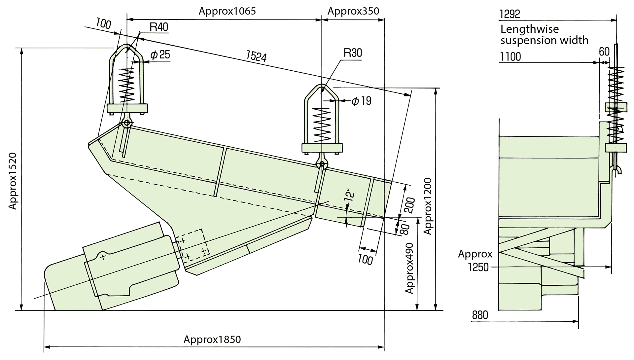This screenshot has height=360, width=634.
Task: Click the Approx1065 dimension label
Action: [227, 11]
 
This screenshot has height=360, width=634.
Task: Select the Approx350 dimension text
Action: [353, 11]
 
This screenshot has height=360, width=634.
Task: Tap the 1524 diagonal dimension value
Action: [256, 56]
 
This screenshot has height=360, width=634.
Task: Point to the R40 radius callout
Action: [159, 27]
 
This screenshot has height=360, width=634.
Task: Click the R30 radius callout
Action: [353, 53]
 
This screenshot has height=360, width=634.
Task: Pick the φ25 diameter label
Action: [160, 54]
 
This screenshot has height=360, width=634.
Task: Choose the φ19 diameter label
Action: [361, 101]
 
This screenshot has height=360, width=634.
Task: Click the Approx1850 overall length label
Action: [212, 340]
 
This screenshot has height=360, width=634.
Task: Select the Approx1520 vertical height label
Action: [13, 181]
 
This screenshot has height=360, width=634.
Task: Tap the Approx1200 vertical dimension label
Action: [428, 206]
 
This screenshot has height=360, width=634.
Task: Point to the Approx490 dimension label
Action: [409, 268]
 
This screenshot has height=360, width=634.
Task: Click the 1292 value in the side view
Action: [510, 14]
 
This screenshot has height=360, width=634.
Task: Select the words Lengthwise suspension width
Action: [544, 35]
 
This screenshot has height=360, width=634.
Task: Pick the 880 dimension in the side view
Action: [480, 315]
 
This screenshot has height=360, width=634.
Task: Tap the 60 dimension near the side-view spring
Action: [604, 52]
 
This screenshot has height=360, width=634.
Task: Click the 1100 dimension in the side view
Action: [511, 57]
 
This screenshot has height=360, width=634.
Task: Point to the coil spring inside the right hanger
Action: [322, 125]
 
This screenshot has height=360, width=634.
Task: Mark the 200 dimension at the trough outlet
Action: [409, 205]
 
